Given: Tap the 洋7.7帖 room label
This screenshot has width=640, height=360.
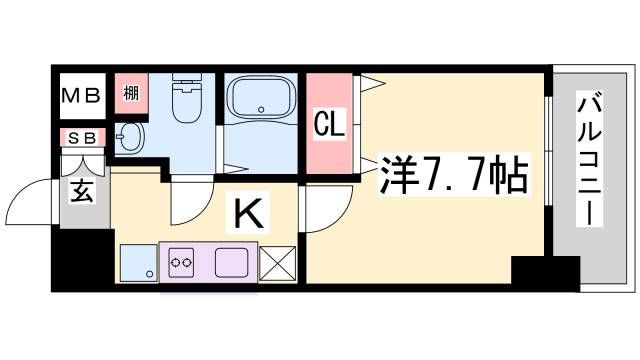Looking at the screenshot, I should point(453,176).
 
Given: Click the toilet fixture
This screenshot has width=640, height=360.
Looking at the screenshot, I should point(185,101).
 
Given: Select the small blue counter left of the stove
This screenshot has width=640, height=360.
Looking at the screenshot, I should point(137,264).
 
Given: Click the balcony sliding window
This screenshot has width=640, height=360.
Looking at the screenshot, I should point(549,150).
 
